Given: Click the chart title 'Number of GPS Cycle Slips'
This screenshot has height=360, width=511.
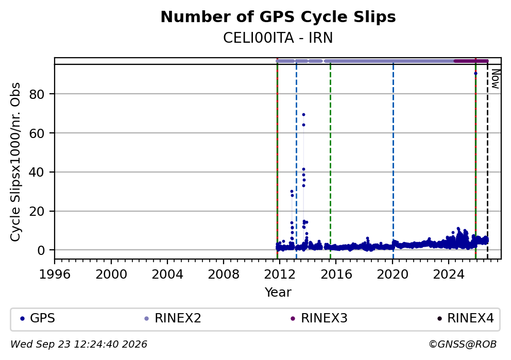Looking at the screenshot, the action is point(278,17).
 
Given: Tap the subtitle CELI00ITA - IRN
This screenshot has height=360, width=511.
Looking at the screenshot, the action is point(278,38).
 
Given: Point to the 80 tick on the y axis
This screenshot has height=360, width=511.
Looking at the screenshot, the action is point(37,94).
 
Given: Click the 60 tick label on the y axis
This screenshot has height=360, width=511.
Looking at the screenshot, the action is point(37,133).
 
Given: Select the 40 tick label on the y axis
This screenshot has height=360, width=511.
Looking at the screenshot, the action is point(37,173).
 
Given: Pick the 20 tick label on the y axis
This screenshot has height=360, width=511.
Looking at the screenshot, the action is point(37,212).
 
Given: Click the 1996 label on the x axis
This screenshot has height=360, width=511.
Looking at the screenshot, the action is point(55,275).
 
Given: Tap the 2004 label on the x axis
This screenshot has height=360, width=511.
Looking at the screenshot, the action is point(167,275).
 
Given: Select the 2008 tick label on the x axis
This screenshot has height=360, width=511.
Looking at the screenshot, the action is point(224,275).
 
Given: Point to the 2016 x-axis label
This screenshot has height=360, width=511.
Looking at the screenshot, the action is point(336,275).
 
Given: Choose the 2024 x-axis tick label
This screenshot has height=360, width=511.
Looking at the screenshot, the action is point(449,275).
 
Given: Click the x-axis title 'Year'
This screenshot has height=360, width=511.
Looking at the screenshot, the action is point(278,292).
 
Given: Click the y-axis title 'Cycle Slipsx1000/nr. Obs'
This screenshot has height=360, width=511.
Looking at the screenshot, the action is point(15,162).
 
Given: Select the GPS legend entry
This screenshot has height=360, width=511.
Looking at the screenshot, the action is point(39,318).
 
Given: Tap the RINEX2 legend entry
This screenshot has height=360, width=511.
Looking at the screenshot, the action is point(174,318).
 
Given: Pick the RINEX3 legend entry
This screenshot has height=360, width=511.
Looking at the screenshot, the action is point(320,318).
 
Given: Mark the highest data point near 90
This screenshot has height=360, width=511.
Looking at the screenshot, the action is point(475,74).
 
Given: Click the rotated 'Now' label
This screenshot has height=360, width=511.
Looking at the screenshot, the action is point(496,79).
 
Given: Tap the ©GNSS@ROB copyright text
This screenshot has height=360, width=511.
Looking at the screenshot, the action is point(463,345).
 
